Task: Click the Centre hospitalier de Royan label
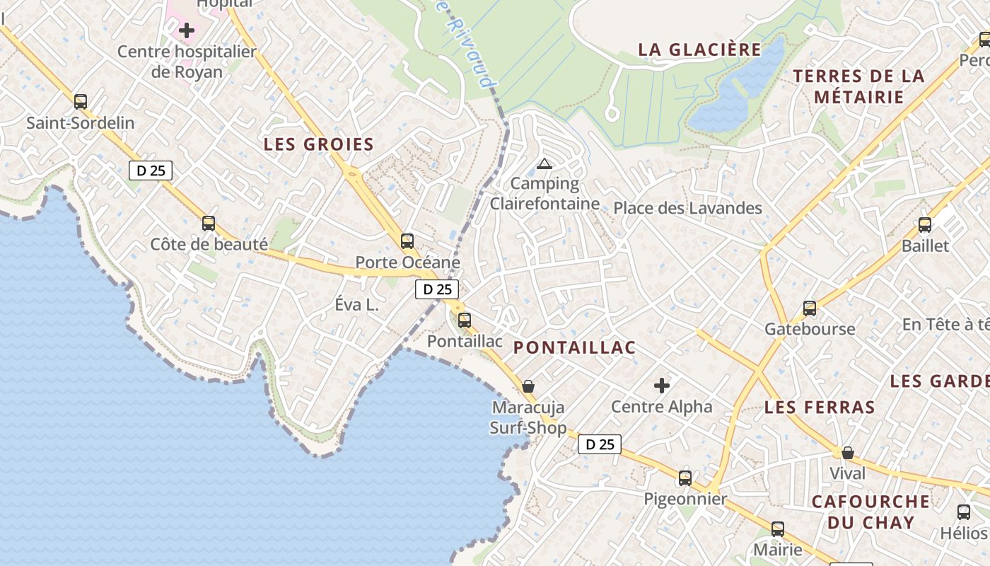[187, 62]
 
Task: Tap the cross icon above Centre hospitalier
[187, 30]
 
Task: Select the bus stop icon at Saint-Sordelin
[81, 101]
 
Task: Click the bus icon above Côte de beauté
[209, 224]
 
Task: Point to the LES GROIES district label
[318, 144]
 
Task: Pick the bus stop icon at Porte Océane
[407, 241]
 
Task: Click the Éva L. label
[357, 306]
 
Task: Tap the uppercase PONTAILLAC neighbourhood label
[574, 347]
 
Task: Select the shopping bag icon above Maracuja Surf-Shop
[528, 386]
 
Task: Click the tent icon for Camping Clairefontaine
[544, 164]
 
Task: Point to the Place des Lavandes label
[687, 208]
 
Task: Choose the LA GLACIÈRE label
[699, 50]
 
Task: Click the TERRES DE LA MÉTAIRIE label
[858, 86]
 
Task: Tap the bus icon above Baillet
[925, 225]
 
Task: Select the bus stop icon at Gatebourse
[810, 308]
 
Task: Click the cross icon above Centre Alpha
[662, 386]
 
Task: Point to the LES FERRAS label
[820, 408]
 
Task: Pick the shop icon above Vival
[847, 453]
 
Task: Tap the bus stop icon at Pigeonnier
[685, 478]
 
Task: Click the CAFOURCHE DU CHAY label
[870, 512]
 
